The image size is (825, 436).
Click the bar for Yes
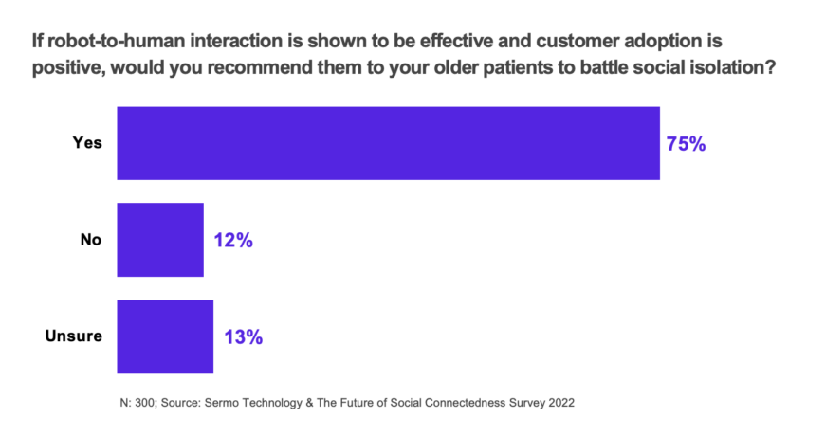(x=388, y=143)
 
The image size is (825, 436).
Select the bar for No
(x=160, y=240)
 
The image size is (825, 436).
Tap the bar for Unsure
(x=165, y=336)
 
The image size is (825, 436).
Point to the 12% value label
(x=232, y=241)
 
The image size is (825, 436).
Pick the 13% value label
(x=243, y=337)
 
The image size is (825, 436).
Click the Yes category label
(x=87, y=144)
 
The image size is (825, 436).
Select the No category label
(x=90, y=241)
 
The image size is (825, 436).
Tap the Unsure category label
(x=73, y=337)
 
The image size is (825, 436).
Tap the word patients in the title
(x=522, y=69)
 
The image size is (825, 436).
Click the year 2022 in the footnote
(x=559, y=402)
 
